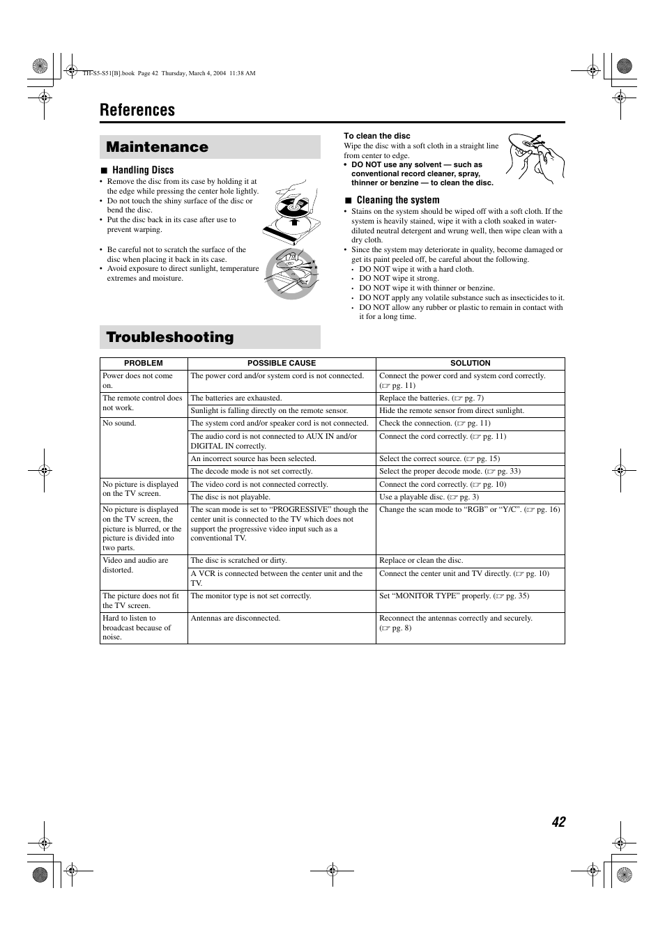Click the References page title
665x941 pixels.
(x=137, y=110)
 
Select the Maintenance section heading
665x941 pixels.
(x=158, y=147)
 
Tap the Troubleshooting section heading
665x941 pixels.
(x=170, y=337)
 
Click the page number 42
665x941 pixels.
(x=558, y=822)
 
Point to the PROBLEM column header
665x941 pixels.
(x=143, y=363)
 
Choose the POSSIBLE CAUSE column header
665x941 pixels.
(x=282, y=363)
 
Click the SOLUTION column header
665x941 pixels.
(x=471, y=363)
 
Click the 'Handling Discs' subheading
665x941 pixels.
(x=143, y=170)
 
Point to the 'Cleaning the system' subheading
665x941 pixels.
(x=398, y=200)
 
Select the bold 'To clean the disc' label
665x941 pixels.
(x=377, y=136)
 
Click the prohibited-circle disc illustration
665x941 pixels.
(x=291, y=274)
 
